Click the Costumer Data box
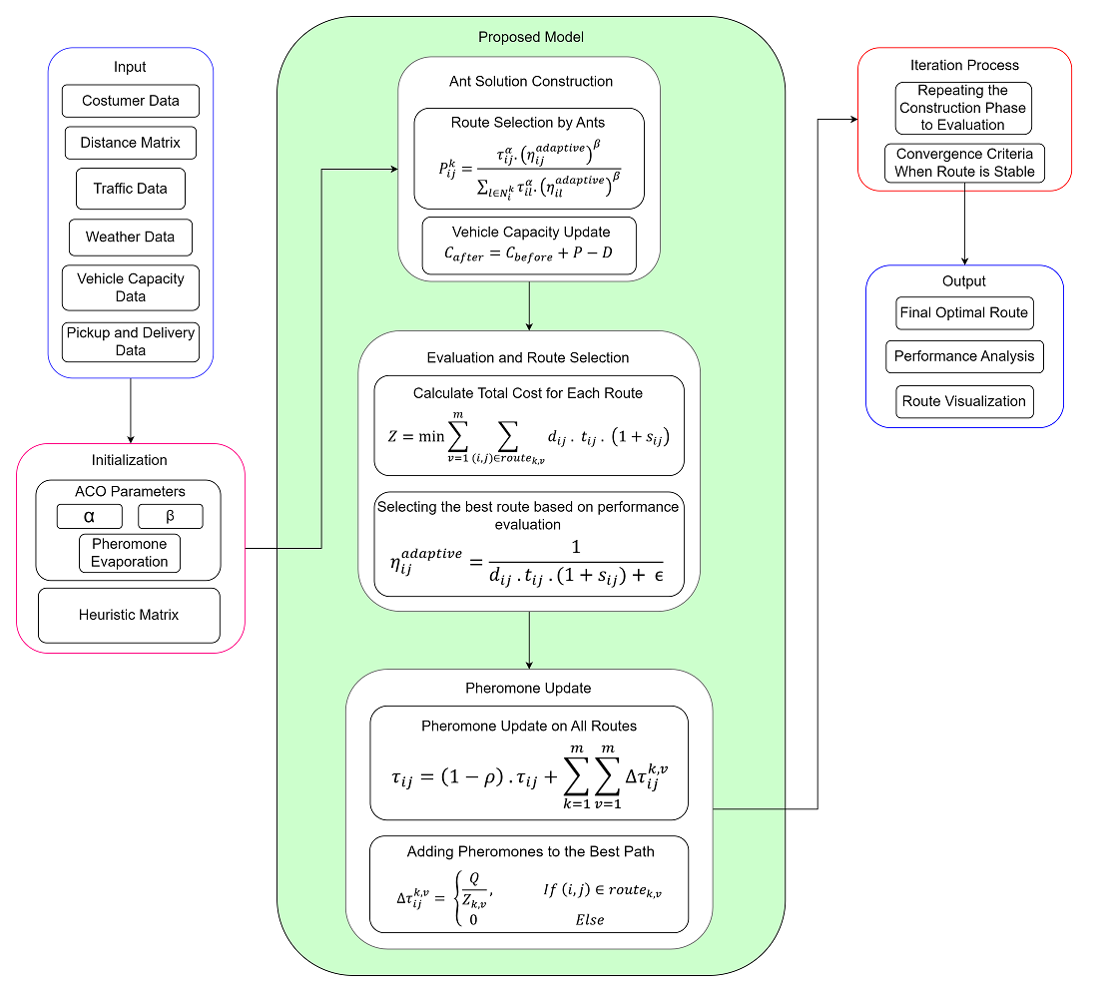tap(131, 101)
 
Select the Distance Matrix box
tap(130, 143)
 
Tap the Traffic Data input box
tap(131, 189)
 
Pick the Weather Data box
tap(130, 238)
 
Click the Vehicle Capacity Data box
tap(131, 287)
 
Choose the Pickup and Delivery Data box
tap(131, 341)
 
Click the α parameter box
tap(90, 516)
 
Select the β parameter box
tap(170, 516)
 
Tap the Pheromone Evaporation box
tap(130, 553)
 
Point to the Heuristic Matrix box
tap(129, 615)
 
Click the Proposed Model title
tap(530, 37)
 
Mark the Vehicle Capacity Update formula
tap(528, 256)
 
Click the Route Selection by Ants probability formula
tap(529, 168)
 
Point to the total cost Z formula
tap(528, 436)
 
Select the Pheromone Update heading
tap(528, 688)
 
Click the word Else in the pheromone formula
tap(590, 919)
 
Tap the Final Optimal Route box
tap(963, 312)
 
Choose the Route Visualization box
tap(963, 401)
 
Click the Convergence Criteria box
tap(964, 164)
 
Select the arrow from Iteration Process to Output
tap(964, 228)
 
